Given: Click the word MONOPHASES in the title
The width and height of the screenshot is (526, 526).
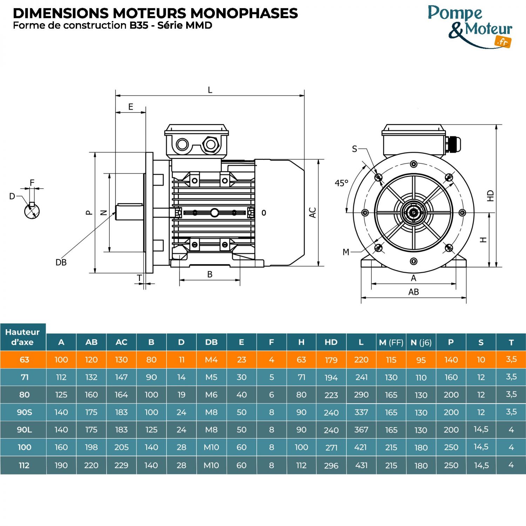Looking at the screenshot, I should [x=244, y=13].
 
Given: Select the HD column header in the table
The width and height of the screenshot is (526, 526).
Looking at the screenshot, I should [x=331, y=342].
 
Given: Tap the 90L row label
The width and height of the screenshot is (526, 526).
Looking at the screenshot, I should [x=24, y=430].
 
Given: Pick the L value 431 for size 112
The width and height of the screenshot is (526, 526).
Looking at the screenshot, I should [x=361, y=465].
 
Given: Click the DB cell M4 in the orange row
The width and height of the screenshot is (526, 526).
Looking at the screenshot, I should [x=211, y=360].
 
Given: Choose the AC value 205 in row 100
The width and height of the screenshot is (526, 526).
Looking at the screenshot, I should [x=121, y=447].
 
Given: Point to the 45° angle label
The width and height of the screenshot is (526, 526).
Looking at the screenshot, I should [x=341, y=183].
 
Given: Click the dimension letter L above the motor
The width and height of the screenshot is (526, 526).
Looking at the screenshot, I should [x=210, y=90].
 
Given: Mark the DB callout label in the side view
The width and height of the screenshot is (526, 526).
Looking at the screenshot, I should [x=61, y=262].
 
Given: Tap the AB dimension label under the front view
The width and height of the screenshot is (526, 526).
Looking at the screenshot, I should [x=413, y=292].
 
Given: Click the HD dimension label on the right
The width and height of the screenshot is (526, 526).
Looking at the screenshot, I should [x=491, y=196].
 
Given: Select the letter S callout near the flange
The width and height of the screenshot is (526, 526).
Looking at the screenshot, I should [x=355, y=149].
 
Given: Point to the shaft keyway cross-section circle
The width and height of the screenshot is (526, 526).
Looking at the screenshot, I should [x=32, y=211].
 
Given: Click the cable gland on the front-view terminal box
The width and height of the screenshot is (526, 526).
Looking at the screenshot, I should [x=453, y=144].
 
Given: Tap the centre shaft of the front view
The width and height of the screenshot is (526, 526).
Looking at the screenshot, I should [x=414, y=213].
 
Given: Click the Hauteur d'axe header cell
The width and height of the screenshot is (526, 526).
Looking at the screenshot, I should [x=23, y=337].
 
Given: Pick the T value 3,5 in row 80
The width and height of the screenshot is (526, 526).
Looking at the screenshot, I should [x=511, y=394].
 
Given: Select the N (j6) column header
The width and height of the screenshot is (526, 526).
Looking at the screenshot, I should [x=421, y=342].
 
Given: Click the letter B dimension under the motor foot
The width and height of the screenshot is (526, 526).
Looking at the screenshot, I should [x=210, y=274].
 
